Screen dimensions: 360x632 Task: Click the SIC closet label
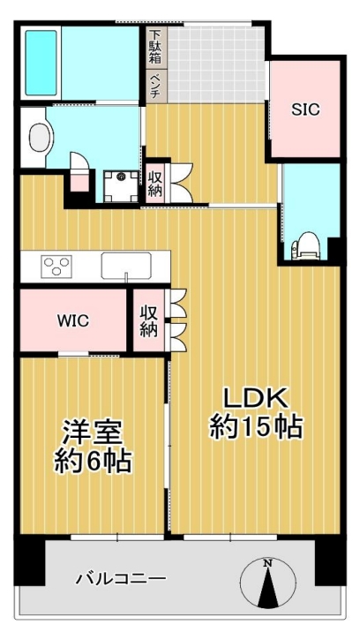305,109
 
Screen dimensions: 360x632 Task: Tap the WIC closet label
73,321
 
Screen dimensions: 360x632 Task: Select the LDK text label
256,399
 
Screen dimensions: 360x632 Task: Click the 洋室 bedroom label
92,433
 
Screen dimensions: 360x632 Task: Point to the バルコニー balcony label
121,580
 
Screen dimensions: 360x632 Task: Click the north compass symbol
267,583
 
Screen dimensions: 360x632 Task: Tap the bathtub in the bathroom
41,63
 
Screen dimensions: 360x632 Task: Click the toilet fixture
305,246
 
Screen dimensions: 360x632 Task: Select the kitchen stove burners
56,267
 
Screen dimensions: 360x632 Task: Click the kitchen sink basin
126,266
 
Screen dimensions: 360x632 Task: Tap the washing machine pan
121,186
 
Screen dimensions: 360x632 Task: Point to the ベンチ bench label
155,86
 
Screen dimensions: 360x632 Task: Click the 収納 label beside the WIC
149,321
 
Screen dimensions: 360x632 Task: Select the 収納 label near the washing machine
154,184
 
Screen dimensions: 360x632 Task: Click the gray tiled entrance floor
216,64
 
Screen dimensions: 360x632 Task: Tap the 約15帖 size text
256,426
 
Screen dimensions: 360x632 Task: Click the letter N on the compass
267,563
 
